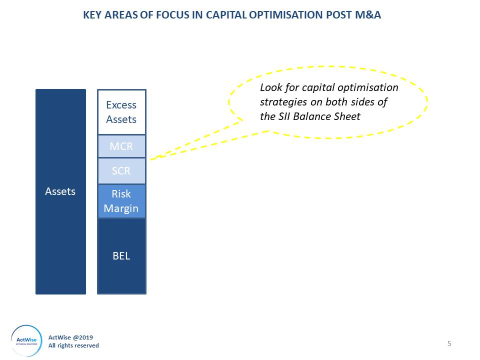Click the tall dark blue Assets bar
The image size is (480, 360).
[x=60, y=191]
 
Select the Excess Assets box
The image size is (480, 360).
[x=121, y=112]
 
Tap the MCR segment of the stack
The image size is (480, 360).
[x=121, y=146]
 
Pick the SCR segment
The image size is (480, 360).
[x=121, y=171]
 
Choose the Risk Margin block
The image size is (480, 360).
[x=121, y=201]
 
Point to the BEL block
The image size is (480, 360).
[x=121, y=256]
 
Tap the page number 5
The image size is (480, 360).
[x=449, y=343]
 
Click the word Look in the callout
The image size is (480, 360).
[x=270, y=87]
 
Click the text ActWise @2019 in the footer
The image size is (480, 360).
[x=70, y=337]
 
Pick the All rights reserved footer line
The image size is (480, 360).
[x=73, y=345]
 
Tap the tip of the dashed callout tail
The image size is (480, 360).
[x=151, y=158]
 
